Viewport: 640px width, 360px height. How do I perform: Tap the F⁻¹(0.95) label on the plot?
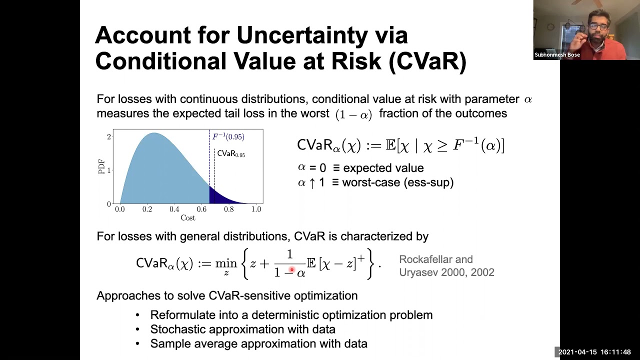pos(228,136)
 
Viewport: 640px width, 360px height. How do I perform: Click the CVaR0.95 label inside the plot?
pos(231,154)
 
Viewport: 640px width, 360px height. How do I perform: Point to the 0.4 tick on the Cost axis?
pos(174,209)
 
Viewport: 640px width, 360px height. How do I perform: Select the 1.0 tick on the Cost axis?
pos(256,209)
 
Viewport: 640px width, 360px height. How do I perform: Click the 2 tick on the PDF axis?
pos(108,136)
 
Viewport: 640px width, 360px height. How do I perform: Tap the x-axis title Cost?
pos(188,218)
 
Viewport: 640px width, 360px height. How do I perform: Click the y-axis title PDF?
pos(101,166)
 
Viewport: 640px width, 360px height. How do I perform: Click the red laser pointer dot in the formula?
pos(291,270)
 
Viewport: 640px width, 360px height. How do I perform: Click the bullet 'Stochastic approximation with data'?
pos(242,329)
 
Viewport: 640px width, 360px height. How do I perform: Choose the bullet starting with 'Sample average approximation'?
pos(258,344)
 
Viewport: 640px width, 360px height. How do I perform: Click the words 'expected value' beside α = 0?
pos(383,168)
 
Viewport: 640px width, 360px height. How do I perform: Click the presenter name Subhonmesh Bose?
pos(557,55)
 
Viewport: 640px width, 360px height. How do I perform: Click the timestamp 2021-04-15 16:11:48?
pos(594,352)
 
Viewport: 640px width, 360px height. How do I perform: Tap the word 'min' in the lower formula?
pos(226,263)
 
